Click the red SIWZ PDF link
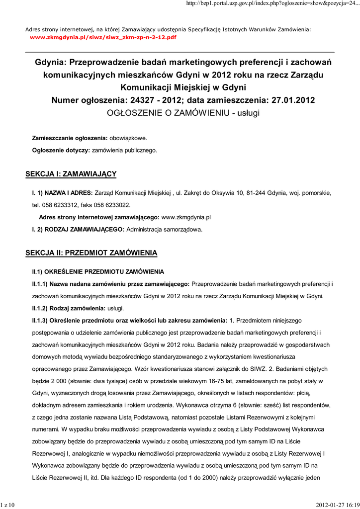(x=103, y=37)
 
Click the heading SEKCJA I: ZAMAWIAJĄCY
(x=71, y=174)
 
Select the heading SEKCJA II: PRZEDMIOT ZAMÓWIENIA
(x=91, y=253)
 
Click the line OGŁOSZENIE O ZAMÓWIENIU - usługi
(x=183, y=113)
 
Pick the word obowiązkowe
(x=128, y=138)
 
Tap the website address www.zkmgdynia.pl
(x=186, y=217)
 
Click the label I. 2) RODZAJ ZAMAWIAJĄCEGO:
(x=78, y=230)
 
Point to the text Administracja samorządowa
(x=165, y=230)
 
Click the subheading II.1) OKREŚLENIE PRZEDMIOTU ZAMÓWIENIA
(x=97, y=271)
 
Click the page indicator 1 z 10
(x=8, y=505)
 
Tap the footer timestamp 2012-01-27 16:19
(x=337, y=505)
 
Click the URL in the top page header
(x=272, y=4)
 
